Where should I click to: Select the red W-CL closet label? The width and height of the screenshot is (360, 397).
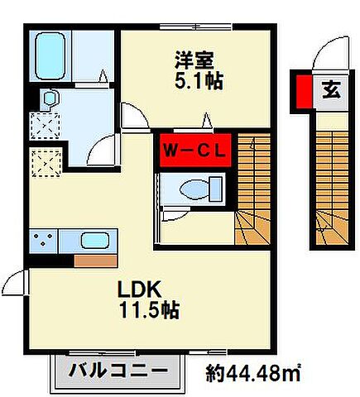point(194,151)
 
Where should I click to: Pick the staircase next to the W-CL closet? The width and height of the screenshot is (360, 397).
point(252,190)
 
